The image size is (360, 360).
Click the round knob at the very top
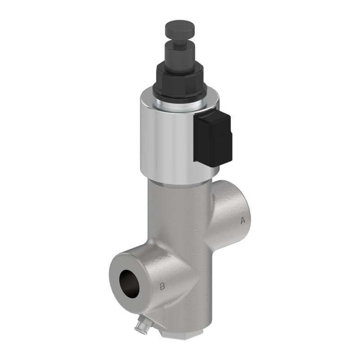tap(180, 29)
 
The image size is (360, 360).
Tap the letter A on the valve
tap(243, 220)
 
